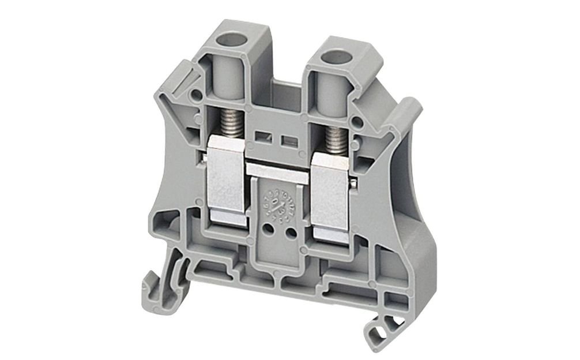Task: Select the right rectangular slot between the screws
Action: point(286,141)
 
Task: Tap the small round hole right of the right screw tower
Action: point(360,122)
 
